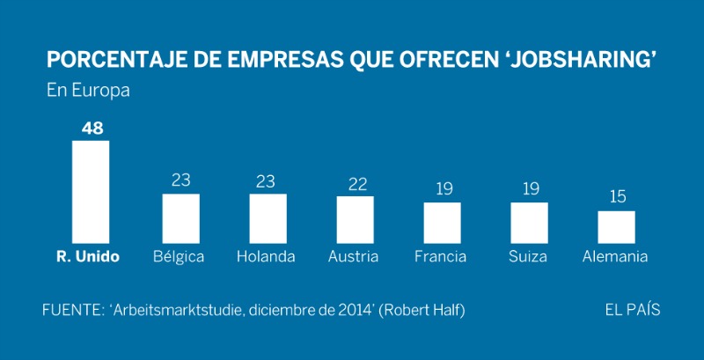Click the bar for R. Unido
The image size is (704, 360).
[x=91, y=192]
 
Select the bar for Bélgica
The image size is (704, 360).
[x=181, y=218]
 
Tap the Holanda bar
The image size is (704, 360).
[x=268, y=218]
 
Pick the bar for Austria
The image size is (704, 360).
[x=355, y=219]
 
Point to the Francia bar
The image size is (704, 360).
[x=442, y=223]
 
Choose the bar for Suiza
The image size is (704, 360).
[x=529, y=223]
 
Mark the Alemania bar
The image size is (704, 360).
[x=616, y=226]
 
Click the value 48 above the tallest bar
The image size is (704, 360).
[x=92, y=129]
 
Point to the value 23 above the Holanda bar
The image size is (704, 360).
[x=268, y=180]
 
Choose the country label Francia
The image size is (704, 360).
[x=442, y=257]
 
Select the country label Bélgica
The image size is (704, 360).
[x=178, y=257]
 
